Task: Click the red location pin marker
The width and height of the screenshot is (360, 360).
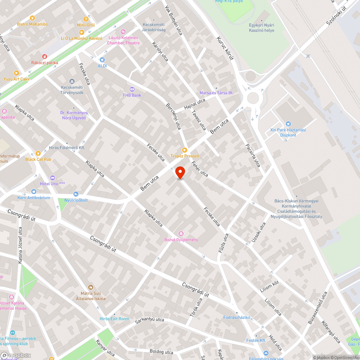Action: point(180,172)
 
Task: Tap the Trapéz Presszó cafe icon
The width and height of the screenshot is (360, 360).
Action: point(185,150)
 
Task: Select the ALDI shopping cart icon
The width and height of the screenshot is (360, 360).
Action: point(102,60)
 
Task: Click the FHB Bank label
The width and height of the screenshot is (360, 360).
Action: point(132,95)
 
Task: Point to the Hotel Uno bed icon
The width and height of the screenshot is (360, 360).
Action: point(53,178)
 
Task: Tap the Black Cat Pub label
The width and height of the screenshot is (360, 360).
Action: point(38,159)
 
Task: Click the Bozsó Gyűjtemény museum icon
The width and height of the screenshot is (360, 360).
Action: point(181,234)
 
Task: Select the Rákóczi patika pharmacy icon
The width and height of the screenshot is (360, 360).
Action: point(45,57)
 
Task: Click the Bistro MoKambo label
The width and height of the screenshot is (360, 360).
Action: point(32,24)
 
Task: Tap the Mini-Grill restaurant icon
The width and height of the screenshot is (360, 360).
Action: point(86,19)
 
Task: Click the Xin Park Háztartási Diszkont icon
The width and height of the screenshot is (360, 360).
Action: point(288,124)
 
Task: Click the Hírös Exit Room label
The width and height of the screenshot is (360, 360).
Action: point(114,319)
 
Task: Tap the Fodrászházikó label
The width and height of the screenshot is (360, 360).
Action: point(237,317)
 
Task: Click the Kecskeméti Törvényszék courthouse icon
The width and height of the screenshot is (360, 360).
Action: point(72,81)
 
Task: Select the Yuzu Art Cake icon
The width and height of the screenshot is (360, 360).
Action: point(16,73)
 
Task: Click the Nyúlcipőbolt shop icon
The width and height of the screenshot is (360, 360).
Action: point(76,194)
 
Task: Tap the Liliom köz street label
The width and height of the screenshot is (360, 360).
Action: point(269,287)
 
